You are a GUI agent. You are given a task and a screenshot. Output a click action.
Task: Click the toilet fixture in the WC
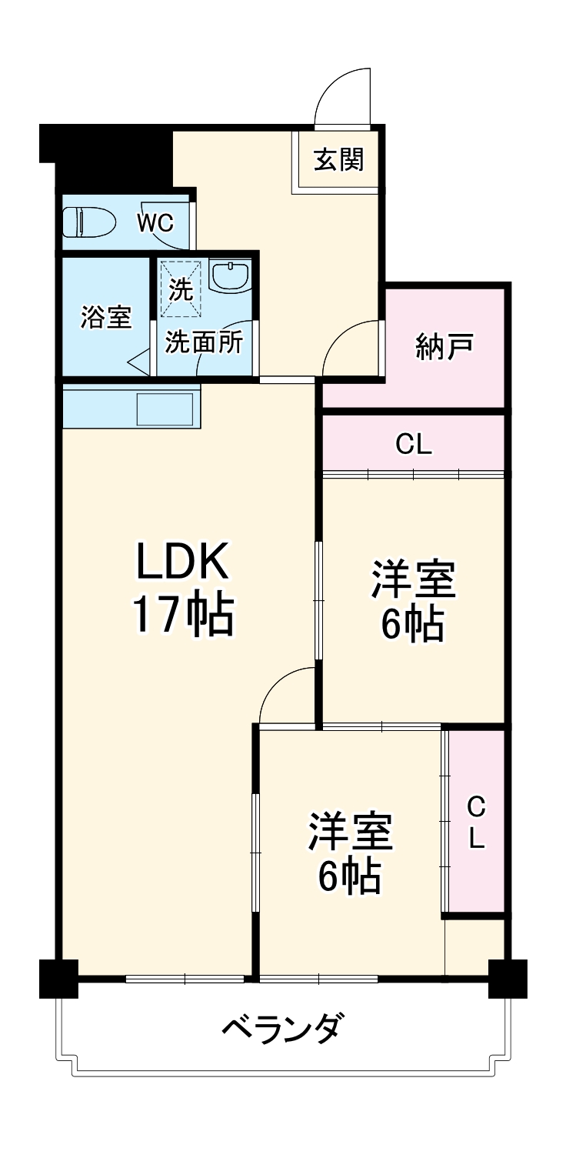88,222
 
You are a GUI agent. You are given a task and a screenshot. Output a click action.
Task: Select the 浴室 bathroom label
105,317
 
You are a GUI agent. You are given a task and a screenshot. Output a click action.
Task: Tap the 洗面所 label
204,342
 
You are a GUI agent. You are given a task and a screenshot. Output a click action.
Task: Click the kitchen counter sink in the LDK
165,408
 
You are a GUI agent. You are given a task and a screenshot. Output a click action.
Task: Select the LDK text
182,562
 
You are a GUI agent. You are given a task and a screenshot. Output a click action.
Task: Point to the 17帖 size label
182,614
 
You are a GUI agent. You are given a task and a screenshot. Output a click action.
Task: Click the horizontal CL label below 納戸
414,444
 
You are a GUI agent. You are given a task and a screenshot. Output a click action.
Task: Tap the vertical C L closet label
477,823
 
